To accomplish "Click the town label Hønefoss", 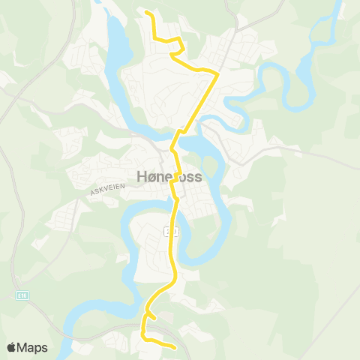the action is click(x=169, y=177).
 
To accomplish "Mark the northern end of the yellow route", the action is click(x=146, y=13).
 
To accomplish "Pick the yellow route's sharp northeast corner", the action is click(x=217, y=73).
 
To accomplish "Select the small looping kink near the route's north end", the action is click(x=174, y=52).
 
